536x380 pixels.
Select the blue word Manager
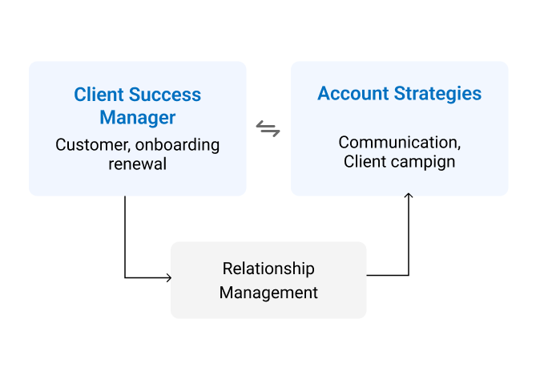137,118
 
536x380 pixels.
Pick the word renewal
137,164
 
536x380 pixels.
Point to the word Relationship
268,269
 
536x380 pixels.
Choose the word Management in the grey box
268,293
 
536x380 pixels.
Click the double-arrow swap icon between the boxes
268,128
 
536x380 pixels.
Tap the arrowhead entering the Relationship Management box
168,278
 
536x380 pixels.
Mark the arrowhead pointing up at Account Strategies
409,196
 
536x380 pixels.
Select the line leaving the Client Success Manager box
125,232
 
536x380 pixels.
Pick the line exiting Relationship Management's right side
388,275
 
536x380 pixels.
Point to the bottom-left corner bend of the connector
125,278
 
